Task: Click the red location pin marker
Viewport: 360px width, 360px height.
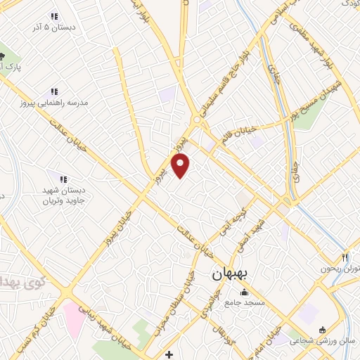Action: click(181, 165)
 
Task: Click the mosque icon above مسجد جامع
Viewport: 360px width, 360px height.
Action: click(244, 292)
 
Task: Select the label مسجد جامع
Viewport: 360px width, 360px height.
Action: click(244, 303)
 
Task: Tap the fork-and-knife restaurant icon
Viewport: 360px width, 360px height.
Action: click(345, 258)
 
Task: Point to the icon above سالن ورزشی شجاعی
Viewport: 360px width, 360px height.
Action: click(323, 330)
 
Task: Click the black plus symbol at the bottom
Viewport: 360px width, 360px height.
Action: click(168, 353)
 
